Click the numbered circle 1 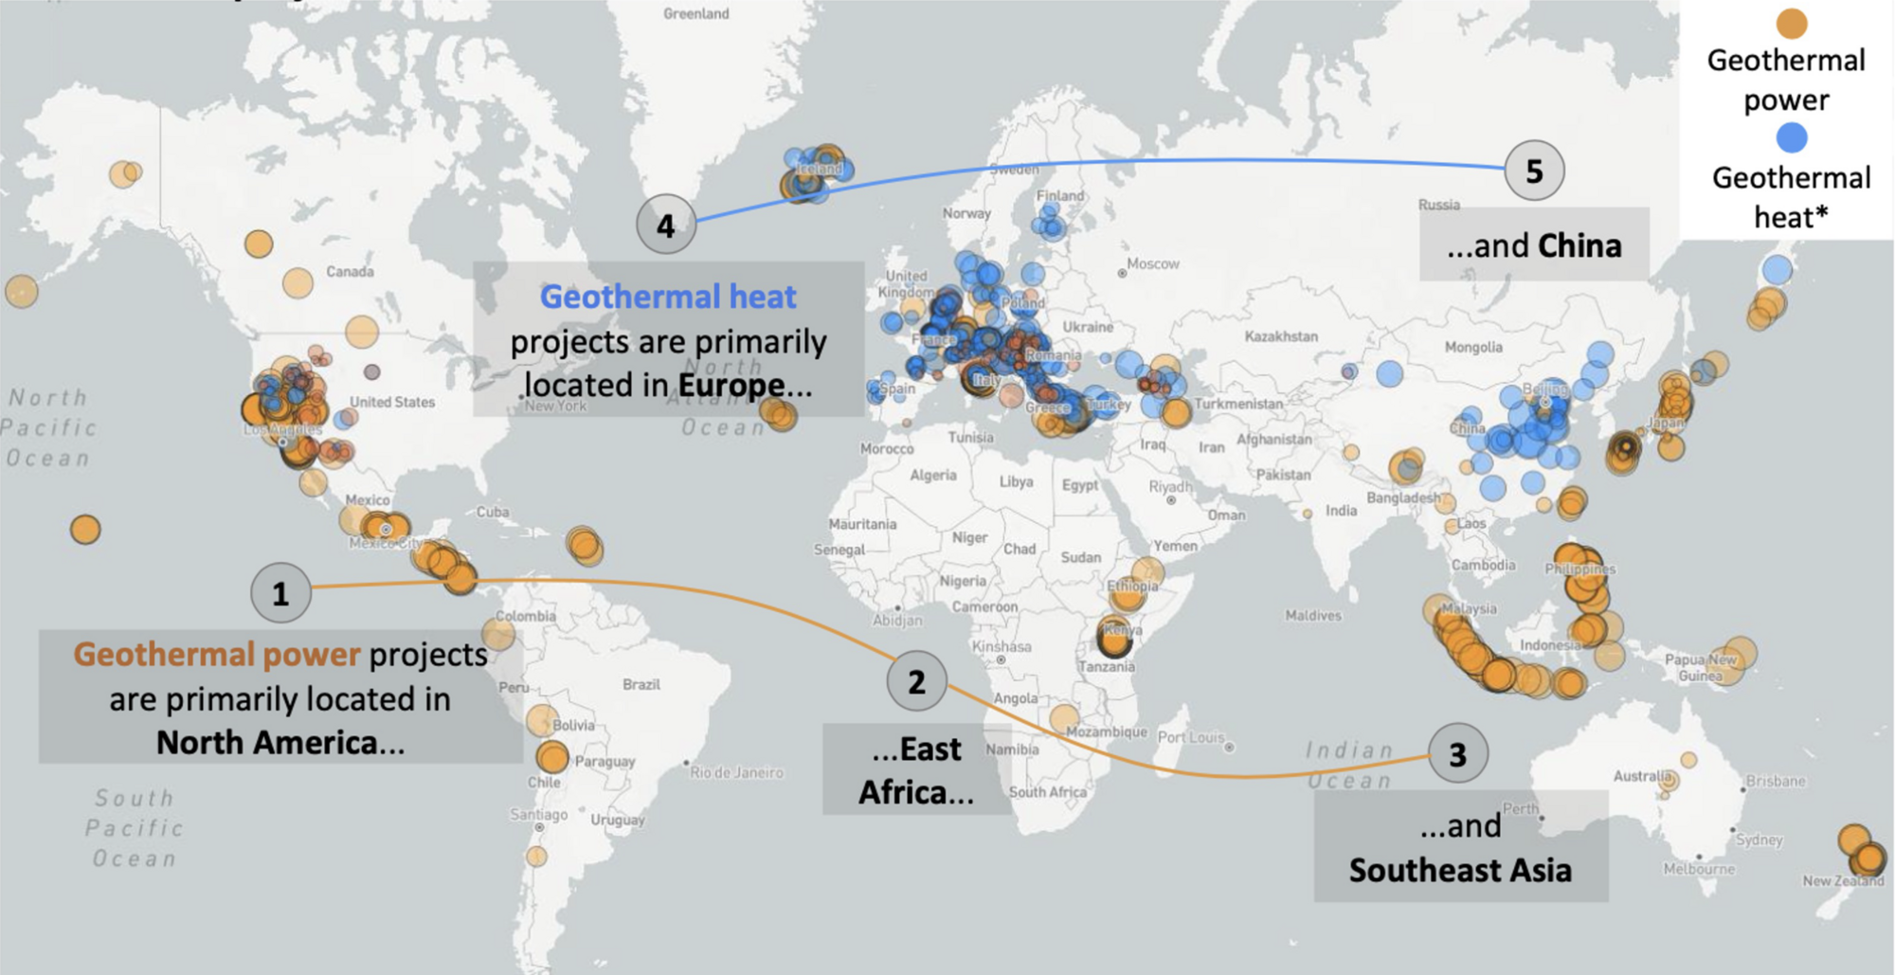click(x=280, y=593)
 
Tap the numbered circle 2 click(x=916, y=681)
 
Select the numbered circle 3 click(x=1457, y=754)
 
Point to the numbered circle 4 click(x=666, y=226)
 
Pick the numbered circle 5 click(x=1534, y=171)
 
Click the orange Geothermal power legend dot click(x=1791, y=23)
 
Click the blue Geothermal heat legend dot click(x=1791, y=138)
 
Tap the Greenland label click(x=696, y=13)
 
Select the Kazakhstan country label click(x=1281, y=336)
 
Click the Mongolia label click(x=1473, y=347)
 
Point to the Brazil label click(x=641, y=684)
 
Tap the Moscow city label click(x=1153, y=263)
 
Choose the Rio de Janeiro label click(x=736, y=772)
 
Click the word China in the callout click(x=1579, y=246)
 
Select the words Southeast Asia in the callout click(x=1460, y=870)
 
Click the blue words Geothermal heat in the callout click(x=668, y=297)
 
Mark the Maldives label click(x=1313, y=616)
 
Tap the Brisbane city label click(x=1776, y=781)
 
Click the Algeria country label click(x=933, y=475)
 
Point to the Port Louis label click(x=1191, y=737)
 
